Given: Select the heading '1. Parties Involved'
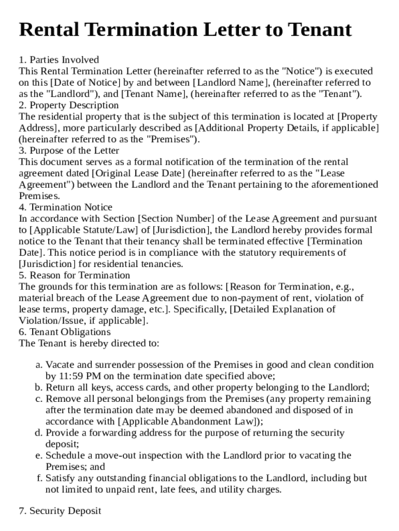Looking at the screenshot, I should coord(59,60).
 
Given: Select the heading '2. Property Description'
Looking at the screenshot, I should coord(69,105).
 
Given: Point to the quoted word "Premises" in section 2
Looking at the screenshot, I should coord(170,139).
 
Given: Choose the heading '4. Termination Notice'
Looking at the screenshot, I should coord(65,207).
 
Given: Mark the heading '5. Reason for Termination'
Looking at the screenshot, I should coord(75,275).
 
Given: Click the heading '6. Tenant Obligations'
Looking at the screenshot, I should coord(65,332).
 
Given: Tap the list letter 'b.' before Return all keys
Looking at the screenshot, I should coord(39,388).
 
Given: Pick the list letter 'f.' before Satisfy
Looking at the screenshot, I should coord(39,478).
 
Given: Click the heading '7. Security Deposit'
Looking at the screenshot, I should coord(60,511).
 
